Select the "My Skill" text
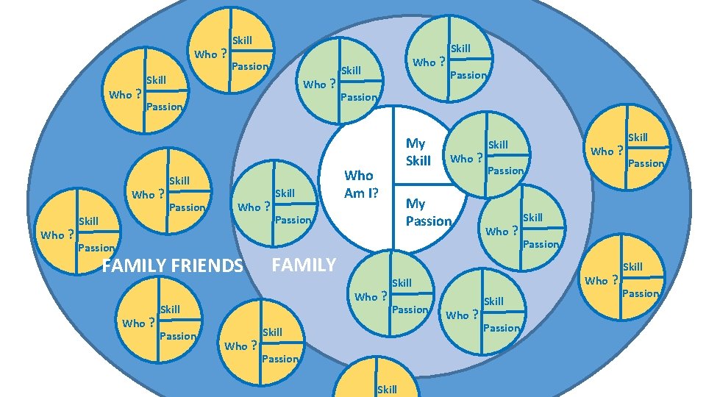[418, 151]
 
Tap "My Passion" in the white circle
[428, 212]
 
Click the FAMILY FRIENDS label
[172, 265]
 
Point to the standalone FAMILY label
[304, 265]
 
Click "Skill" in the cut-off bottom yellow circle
[387, 390]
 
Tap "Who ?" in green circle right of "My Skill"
[466, 158]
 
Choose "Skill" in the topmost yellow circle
[242, 40]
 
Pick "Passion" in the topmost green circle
[468, 75]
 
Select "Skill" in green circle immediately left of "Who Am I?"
[285, 193]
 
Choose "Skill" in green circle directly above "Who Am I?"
[352, 71]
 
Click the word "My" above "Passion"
[416, 203]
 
